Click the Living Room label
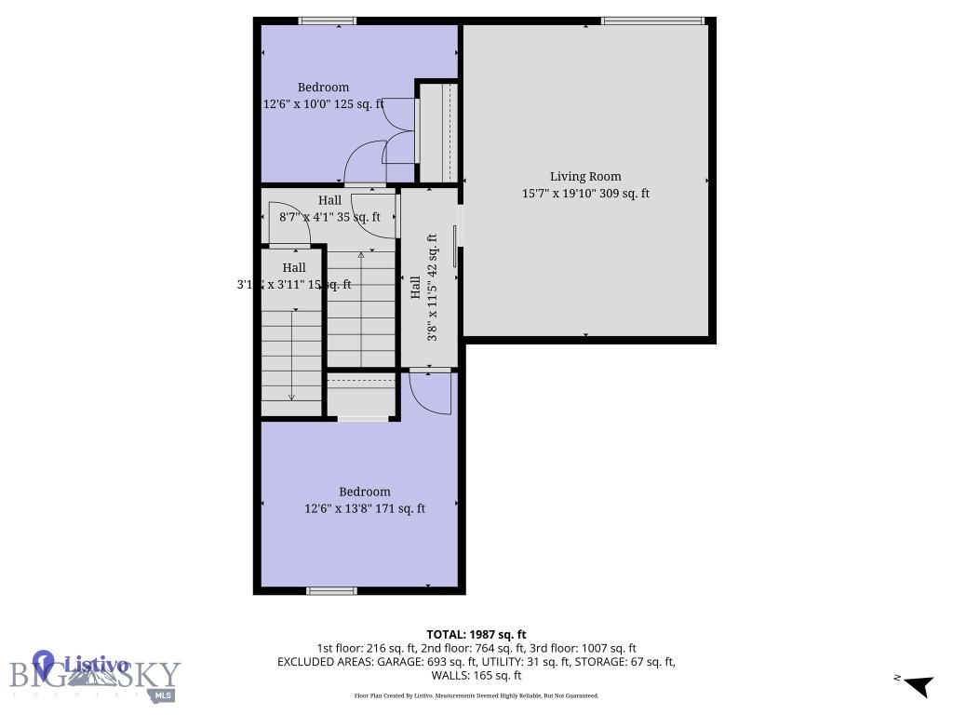tap(584, 176)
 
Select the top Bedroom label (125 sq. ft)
tap(323, 88)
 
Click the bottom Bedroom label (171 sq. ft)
tap(364, 492)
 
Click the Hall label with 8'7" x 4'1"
tap(329, 200)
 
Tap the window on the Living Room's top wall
tap(651, 20)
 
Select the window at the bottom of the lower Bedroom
tap(332, 590)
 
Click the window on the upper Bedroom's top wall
tap(327, 20)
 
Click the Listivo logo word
tap(96, 665)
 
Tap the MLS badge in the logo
tap(164, 694)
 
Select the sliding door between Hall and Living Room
tap(455, 245)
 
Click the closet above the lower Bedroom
tap(362, 398)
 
